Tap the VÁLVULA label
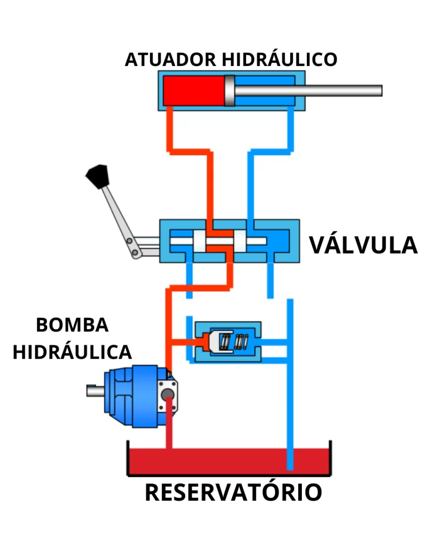point(363,245)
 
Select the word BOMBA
point(72,325)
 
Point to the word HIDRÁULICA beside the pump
point(72,352)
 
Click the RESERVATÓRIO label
point(233,492)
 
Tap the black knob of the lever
point(97,175)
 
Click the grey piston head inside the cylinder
point(230,90)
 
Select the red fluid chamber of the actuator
point(193,90)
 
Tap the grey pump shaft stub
point(95,390)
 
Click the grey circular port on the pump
point(168,395)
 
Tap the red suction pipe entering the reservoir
point(169,430)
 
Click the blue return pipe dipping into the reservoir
point(291,430)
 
